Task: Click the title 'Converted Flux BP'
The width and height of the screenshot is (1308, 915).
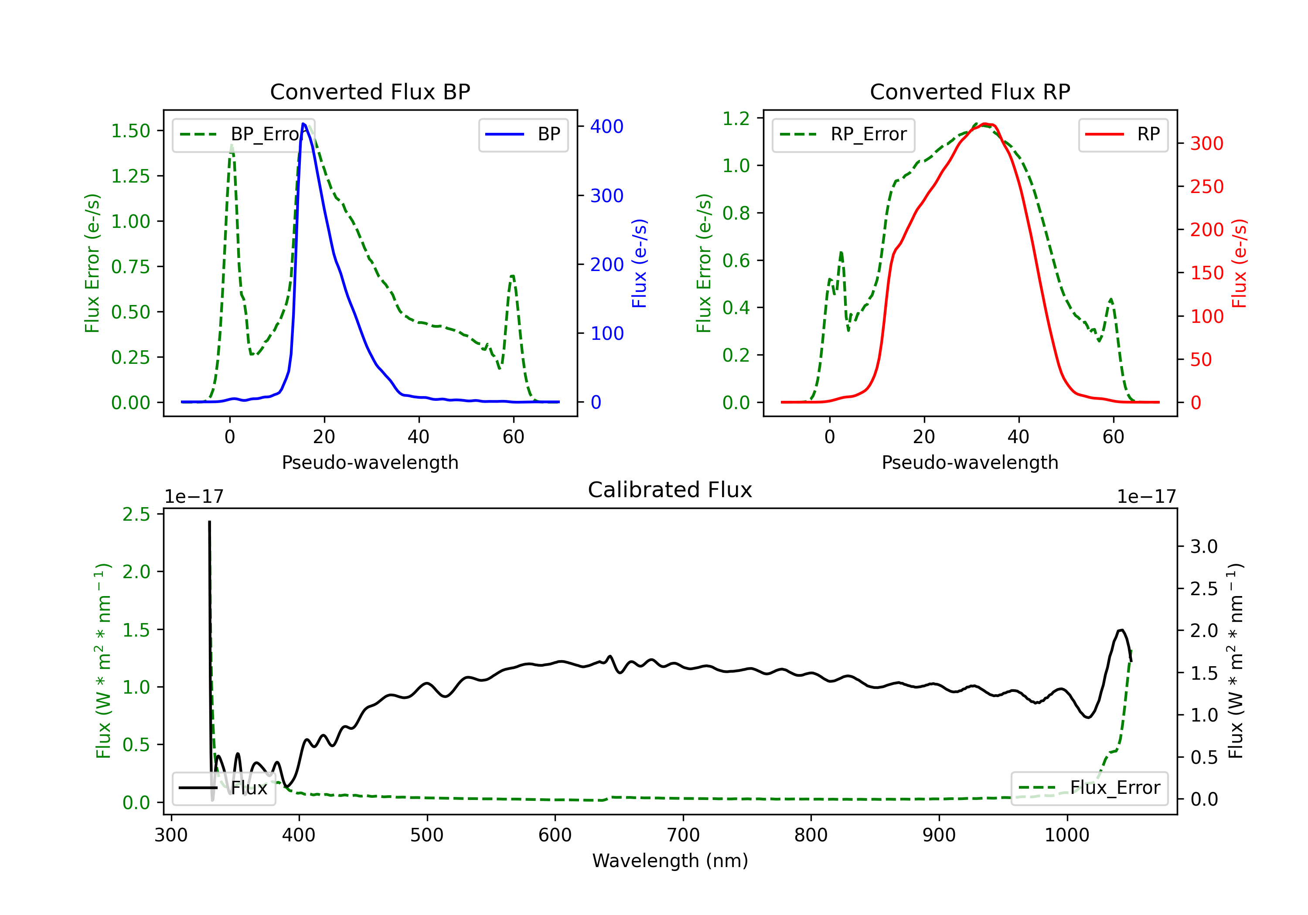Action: point(370,91)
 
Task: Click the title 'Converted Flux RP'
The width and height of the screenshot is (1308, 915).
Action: point(970,91)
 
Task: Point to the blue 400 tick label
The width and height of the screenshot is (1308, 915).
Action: point(607,126)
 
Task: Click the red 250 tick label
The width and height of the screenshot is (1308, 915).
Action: point(1206,187)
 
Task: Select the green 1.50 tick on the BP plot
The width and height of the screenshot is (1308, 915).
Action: point(130,131)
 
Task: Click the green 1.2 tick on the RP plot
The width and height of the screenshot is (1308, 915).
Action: point(736,119)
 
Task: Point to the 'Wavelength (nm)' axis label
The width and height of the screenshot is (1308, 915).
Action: point(670,861)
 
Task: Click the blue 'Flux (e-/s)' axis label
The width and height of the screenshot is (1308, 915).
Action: point(639,263)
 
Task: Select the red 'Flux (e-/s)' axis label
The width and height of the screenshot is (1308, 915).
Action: point(1239,263)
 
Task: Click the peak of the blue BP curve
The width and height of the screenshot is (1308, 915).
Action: point(303,124)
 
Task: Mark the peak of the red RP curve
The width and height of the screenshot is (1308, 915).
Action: point(986,124)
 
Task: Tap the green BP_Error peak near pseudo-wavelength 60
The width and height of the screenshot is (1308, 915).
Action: point(513,276)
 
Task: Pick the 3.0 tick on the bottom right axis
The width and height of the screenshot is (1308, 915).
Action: point(1204,547)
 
